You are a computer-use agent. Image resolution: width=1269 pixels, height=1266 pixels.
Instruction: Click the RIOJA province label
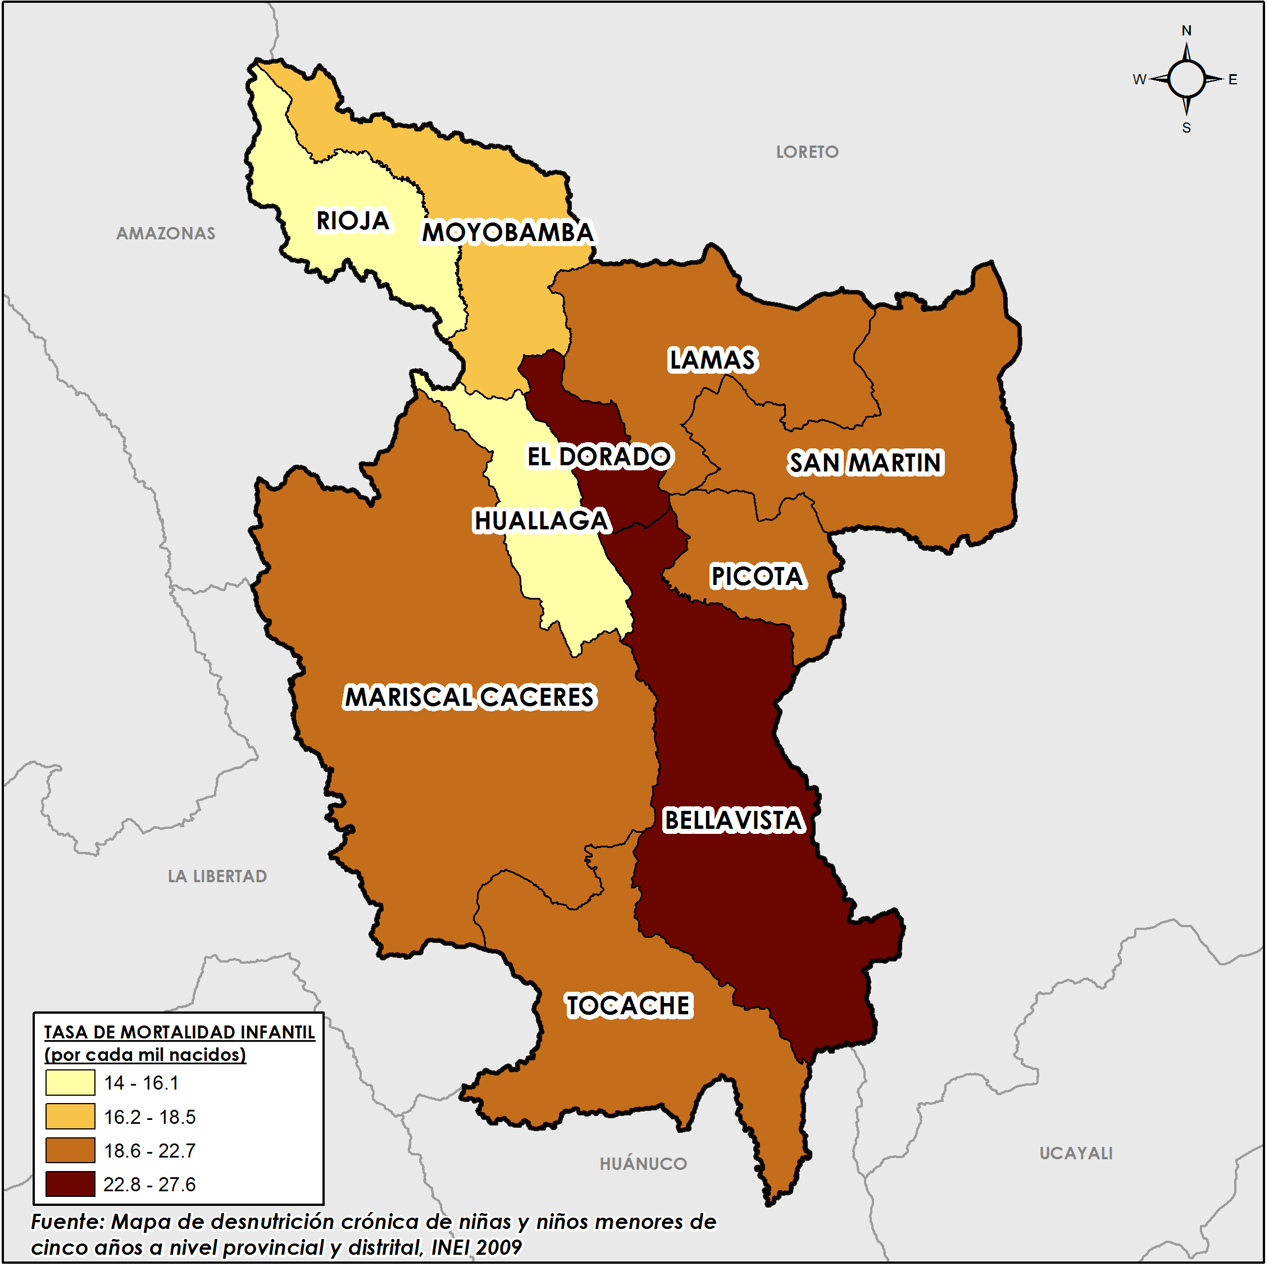(353, 221)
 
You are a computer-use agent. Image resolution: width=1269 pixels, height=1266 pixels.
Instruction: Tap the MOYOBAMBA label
(508, 233)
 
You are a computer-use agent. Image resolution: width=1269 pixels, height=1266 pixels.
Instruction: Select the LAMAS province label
(713, 360)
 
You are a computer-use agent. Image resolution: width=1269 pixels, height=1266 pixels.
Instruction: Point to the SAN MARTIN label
(866, 463)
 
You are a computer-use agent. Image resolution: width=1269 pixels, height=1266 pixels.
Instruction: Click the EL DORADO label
(598, 457)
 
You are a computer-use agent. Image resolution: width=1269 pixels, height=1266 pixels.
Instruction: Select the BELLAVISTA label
(734, 821)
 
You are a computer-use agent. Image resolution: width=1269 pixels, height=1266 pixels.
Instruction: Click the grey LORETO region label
(808, 152)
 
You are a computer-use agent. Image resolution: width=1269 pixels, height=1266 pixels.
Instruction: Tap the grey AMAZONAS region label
(166, 234)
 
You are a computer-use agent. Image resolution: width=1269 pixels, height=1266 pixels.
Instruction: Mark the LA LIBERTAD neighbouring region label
(217, 877)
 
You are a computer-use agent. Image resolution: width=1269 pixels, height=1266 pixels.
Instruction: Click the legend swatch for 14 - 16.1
(70, 1083)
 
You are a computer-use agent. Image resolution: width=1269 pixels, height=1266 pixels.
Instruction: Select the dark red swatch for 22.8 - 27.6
(70, 1185)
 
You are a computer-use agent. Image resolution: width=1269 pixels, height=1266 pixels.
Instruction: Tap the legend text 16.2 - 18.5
(150, 1118)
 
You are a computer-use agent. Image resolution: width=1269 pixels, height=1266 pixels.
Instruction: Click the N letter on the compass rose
(1187, 31)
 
